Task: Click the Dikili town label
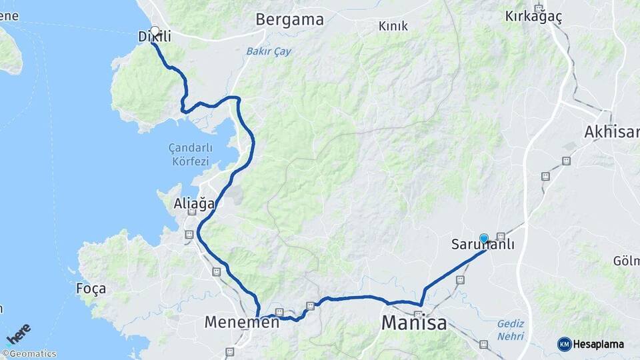click(155, 37)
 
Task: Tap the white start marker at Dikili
click(155, 31)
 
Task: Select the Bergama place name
click(289, 19)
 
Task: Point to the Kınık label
click(393, 26)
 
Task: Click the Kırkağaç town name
click(535, 15)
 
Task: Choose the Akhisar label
click(611, 132)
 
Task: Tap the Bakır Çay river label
click(269, 51)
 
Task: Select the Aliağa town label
click(193, 203)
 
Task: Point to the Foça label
click(91, 289)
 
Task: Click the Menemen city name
click(241, 323)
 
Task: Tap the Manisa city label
click(413, 324)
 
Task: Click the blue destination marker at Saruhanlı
click(484, 238)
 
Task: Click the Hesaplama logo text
click(599, 344)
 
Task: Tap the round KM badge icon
click(565, 344)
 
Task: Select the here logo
click(19, 333)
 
